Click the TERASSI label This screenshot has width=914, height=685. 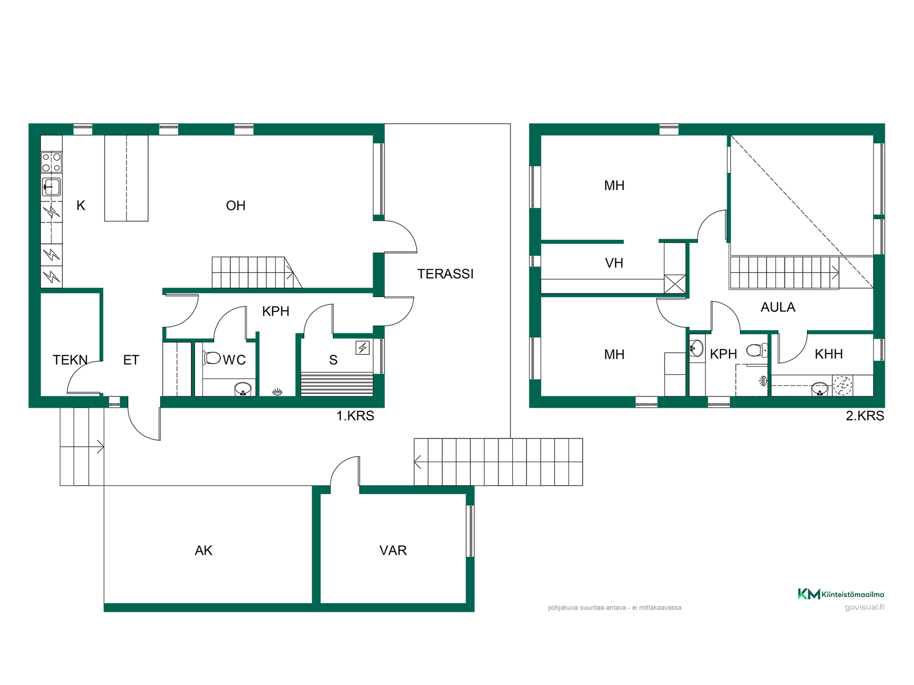(x=445, y=274)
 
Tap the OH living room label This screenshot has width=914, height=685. (x=236, y=205)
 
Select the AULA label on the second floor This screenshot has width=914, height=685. (x=778, y=307)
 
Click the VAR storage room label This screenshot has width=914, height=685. (x=393, y=550)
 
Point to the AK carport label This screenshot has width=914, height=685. (x=203, y=550)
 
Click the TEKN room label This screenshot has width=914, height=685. (x=70, y=360)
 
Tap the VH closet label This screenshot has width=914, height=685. (x=614, y=263)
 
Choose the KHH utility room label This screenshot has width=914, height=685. (x=829, y=354)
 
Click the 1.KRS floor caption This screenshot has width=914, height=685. (x=355, y=416)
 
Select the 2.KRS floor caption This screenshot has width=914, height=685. (x=865, y=416)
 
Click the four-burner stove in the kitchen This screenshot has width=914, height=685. (x=51, y=162)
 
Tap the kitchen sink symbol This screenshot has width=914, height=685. (x=51, y=187)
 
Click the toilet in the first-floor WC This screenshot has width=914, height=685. (x=212, y=358)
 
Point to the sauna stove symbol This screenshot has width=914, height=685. (x=363, y=348)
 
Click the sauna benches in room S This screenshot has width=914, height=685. (x=337, y=384)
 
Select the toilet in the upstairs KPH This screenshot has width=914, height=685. (x=757, y=351)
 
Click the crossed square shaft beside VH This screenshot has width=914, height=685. (x=675, y=284)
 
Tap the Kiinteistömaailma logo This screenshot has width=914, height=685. (x=841, y=594)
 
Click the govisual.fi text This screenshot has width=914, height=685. (x=864, y=607)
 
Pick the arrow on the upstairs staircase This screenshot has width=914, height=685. (x=835, y=273)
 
